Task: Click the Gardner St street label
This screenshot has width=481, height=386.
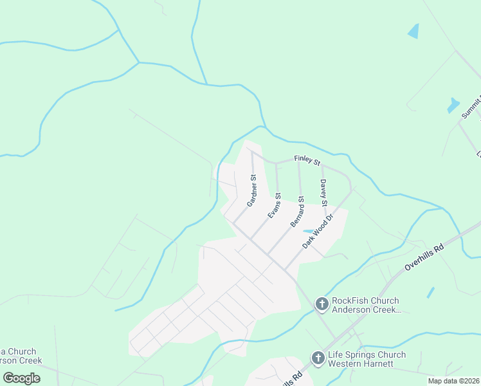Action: [x=252, y=190]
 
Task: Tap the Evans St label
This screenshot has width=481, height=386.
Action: [x=275, y=205]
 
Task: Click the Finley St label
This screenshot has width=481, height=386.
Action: [x=307, y=160]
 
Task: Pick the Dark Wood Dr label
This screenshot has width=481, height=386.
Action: [x=319, y=232]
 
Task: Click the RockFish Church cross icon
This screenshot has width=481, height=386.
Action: [x=321, y=303]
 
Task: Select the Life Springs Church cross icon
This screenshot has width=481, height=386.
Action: [x=318, y=357]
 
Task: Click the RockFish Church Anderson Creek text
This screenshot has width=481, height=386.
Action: [x=365, y=305]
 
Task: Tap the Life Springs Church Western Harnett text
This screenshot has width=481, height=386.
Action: [x=367, y=359]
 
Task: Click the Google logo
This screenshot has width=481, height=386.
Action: [x=21, y=378]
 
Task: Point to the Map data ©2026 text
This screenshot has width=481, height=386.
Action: [x=454, y=381]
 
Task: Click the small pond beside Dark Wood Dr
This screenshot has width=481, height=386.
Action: [x=309, y=231]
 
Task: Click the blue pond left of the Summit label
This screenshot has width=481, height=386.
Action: [x=453, y=105]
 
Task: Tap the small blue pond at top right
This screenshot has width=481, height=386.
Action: [x=413, y=31]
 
